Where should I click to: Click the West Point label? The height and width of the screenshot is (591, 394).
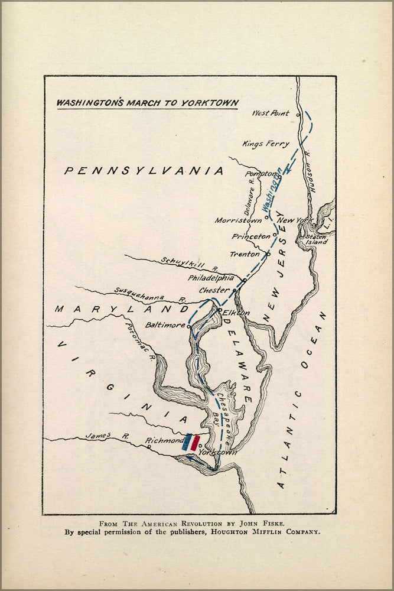pos(271,113)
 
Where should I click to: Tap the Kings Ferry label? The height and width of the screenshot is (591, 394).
pos(266,144)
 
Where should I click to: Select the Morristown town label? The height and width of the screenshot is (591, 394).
pos(238,220)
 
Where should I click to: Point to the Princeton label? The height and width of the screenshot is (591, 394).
pos(251,236)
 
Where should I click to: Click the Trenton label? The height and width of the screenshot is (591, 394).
pos(245,254)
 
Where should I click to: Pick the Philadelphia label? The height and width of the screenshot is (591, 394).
pos(211,278)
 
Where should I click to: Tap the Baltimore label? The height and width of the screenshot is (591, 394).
pos(165,325)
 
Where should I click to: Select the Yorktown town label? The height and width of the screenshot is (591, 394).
pos(218,452)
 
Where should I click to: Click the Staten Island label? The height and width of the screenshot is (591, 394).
pos(316,239)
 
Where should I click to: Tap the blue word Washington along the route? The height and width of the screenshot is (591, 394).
pos(271,190)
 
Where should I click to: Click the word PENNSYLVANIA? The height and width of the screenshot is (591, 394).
pos(144,171)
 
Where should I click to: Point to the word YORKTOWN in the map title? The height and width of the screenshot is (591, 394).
pos(210,102)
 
